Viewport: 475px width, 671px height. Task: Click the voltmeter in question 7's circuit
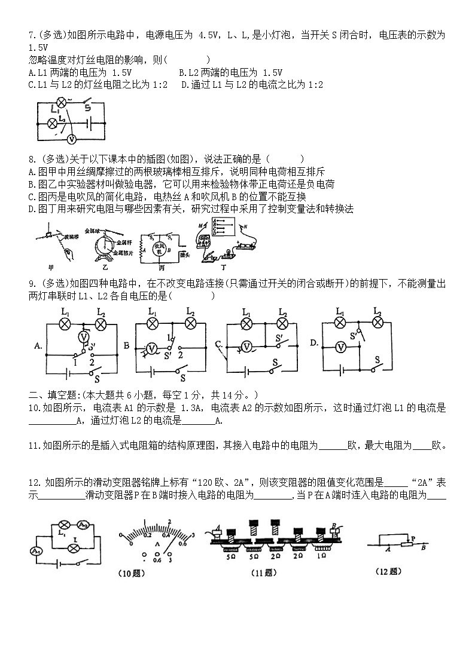click(71, 139)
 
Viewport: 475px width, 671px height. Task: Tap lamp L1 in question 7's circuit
click(60, 102)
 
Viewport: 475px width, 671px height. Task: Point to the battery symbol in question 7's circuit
click(89, 122)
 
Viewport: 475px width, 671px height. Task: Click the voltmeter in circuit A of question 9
click(85, 338)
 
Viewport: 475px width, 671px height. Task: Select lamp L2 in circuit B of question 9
click(191, 323)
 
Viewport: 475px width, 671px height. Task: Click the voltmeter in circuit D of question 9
click(340, 347)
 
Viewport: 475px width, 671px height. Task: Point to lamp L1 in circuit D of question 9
click(340, 323)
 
